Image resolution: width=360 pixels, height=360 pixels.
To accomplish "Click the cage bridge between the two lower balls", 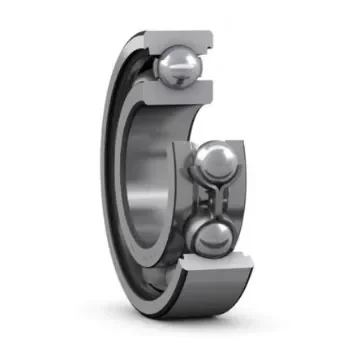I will click(214, 199).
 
